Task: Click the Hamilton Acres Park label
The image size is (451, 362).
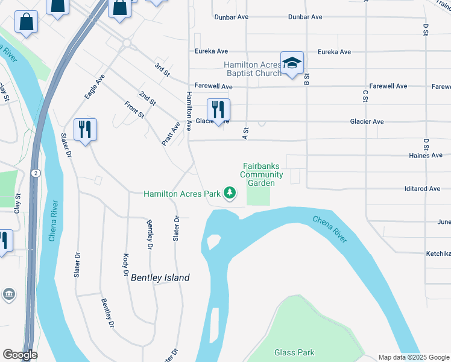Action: click(181, 194)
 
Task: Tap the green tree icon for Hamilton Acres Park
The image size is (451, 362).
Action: click(229, 193)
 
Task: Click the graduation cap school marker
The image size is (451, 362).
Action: click(292, 63)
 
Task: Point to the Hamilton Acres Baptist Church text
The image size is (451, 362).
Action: click(253, 69)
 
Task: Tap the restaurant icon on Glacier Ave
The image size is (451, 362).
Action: click(218, 110)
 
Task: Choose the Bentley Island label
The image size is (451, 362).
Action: click(160, 278)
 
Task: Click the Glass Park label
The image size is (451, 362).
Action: click(294, 352)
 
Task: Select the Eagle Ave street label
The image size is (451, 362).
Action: click(95, 87)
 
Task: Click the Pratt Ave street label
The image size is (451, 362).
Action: click(171, 134)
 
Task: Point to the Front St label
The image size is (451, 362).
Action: click(134, 109)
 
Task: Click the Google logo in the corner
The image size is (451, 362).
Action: click(20, 355)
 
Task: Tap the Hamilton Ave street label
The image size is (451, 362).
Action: click(189, 111)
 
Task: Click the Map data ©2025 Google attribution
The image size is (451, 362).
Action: click(414, 357)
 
